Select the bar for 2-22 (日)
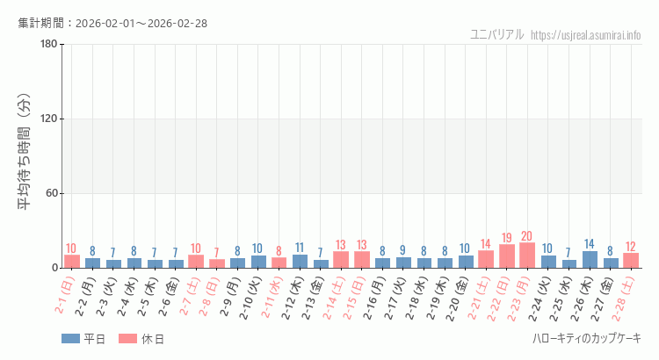tap(507, 256)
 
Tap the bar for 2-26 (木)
tap(590, 260)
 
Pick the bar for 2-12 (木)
tap(300, 262)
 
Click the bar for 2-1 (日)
tap(72, 262)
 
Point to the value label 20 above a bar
tap(527, 236)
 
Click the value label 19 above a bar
tap(507, 238)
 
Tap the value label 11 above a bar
tap(300, 248)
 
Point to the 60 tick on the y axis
tap(51, 194)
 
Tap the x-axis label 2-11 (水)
tap(269, 298)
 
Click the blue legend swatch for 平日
tap(70, 339)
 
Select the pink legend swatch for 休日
tap(127, 339)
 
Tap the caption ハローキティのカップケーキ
tap(586, 339)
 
